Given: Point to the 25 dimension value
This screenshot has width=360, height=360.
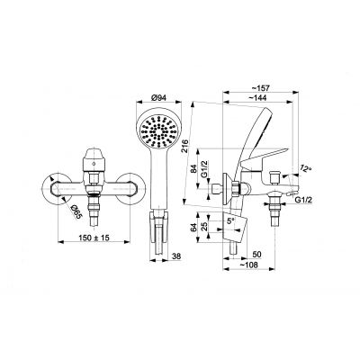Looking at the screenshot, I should [x=206, y=229].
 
